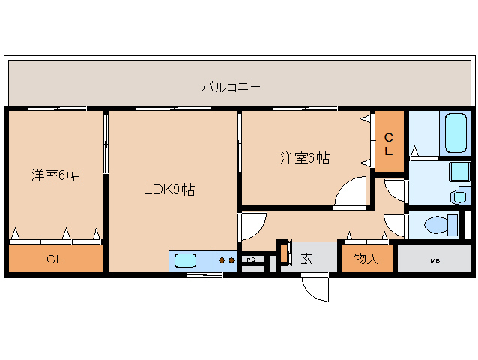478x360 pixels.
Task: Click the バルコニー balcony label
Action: click(x=231, y=87)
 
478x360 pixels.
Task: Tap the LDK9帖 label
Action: click(x=169, y=190)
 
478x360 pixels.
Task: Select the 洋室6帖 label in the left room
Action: click(x=55, y=175)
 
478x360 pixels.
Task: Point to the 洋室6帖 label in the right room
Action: click(x=305, y=158)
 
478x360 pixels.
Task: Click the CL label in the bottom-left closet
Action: click(x=55, y=259)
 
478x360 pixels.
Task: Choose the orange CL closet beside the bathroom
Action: click(x=389, y=144)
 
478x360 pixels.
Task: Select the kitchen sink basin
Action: click(x=185, y=261)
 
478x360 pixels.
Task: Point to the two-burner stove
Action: click(x=226, y=261)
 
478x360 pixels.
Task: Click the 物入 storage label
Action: click(x=366, y=259)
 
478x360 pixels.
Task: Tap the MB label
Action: click(x=435, y=260)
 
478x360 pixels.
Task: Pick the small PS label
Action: click(x=251, y=260)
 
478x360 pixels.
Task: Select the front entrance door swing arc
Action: click(x=318, y=289)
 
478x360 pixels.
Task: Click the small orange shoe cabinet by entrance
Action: click(x=284, y=253)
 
